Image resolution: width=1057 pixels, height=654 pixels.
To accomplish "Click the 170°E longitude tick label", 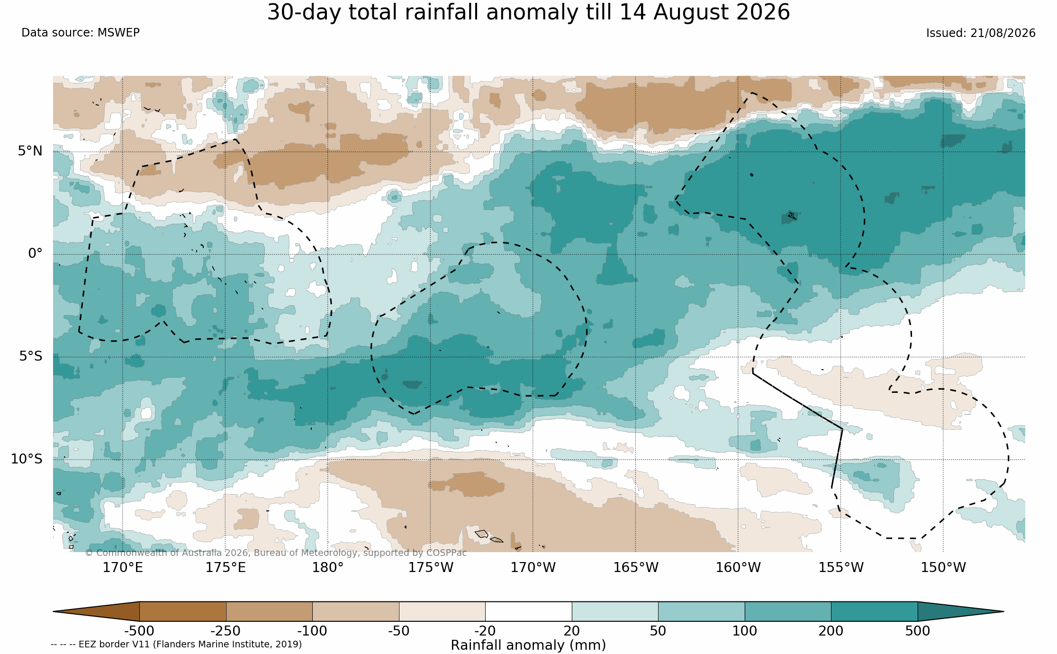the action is [123, 568].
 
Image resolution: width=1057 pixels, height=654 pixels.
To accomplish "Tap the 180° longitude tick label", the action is [327, 568].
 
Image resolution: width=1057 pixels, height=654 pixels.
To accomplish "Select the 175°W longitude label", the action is [431, 568].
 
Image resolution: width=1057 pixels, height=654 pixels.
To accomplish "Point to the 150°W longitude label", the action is [943, 568].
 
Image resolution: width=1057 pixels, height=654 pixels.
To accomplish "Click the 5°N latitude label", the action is [30, 151].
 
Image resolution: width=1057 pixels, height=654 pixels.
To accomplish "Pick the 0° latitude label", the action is [35, 254].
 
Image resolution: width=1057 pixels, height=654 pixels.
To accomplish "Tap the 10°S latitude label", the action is [27, 459].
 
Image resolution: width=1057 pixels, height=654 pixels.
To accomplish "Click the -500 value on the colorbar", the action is [139, 631].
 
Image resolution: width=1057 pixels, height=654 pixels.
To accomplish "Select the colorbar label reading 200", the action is [831, 631].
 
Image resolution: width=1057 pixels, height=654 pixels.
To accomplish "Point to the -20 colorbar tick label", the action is [485, 631].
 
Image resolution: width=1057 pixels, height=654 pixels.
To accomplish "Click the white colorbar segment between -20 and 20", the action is [528, 611].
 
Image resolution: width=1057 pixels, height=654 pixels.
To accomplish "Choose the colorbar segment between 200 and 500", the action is [874, 611].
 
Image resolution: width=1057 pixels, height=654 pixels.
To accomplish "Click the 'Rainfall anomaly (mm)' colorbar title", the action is [528, 645].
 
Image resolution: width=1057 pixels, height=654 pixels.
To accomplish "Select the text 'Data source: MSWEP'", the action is [81, 33].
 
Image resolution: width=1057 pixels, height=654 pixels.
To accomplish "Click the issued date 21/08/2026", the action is [1003, 33].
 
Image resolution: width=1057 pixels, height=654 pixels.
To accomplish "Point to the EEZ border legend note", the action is [176, 645].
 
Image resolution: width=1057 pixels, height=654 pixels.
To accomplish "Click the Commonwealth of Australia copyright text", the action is [276, 553].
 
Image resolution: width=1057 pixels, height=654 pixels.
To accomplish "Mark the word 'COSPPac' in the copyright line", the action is [446, 553].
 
